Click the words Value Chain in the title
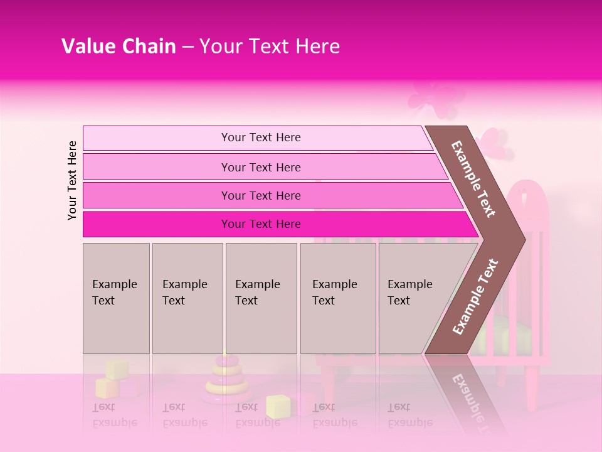119,46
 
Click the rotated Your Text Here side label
73,180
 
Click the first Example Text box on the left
116,298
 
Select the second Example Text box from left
187,298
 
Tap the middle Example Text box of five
261,298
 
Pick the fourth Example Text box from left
337,298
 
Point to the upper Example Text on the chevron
473,179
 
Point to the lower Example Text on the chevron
475,296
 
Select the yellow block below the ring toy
277,406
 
